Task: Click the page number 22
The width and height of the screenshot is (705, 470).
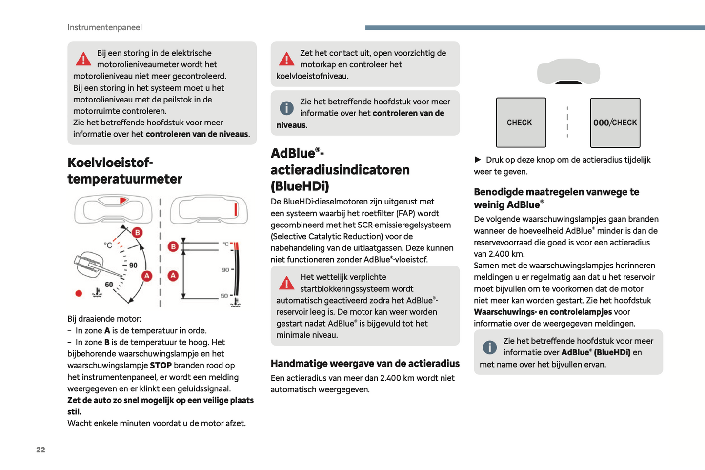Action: (40, 450)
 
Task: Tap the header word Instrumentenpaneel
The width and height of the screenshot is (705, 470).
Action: (104, 27)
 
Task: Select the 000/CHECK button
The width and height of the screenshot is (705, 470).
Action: (615, 123)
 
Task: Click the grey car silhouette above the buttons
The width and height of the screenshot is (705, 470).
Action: (568, 71)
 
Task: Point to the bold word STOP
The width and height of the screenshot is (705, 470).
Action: (161, 366)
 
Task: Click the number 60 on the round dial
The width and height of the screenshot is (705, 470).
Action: (109, 285)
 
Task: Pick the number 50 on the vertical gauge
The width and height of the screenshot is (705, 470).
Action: (224, 296)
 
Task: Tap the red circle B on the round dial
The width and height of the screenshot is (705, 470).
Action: (138, 232)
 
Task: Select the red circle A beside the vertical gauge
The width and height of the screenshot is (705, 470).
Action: (173, 276)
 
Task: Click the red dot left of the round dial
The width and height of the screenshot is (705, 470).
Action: (79, 293)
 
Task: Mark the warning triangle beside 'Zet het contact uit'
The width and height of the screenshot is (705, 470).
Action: (286, 60)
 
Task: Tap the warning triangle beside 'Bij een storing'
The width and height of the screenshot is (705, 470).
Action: (83, 60)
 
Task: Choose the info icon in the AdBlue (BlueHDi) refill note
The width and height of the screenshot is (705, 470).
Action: (489, 347)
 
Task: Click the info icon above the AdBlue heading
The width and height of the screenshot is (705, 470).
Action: (286, 108)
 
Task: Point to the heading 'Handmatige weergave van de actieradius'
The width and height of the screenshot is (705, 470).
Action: (365, 364)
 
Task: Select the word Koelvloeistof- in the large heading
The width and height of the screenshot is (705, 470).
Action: (110, 163)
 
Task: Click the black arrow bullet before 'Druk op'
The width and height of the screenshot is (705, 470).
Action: (478, 160)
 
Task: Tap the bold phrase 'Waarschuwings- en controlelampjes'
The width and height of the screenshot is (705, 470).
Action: (543, 312)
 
